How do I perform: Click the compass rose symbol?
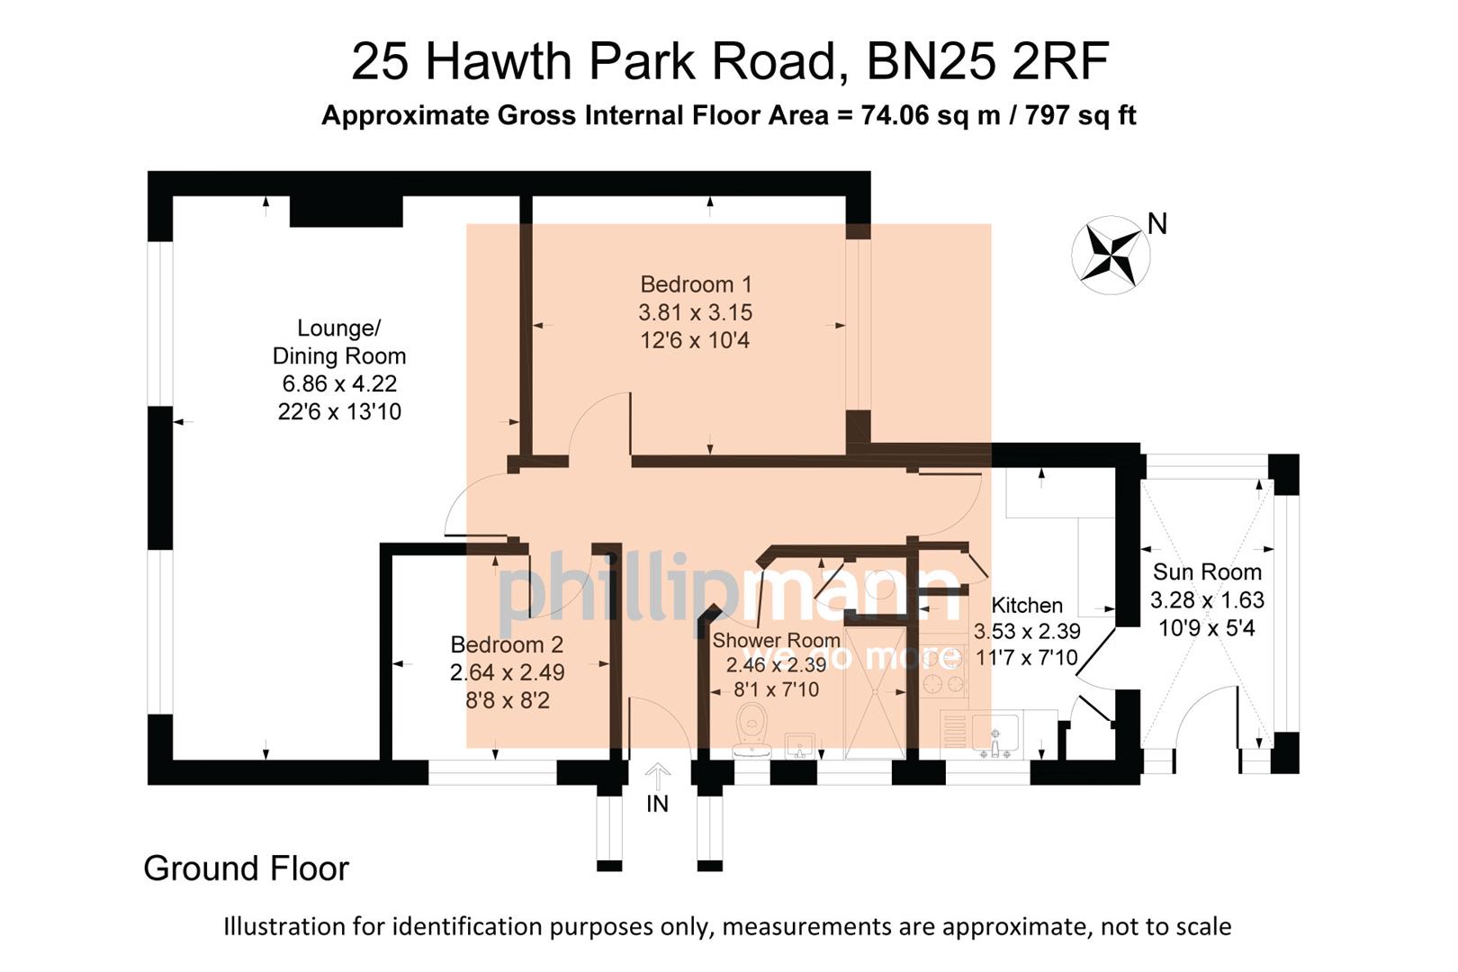tap(1111, 255)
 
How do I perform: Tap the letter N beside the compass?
tap(1157, 224)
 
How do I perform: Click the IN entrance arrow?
tap(658, 776)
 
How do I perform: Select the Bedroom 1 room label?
tap(696, 284)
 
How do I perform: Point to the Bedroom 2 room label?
tap(507, 644)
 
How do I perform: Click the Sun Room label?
tap(1207, 571)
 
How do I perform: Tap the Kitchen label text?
tap(1026, 605)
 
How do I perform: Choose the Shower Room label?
tap(776, 640)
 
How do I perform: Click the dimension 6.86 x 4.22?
tap(339, 383)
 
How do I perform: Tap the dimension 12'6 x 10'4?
tap(695, 340)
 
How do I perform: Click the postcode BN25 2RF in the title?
tap(986, 61)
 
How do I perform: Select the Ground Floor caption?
tap(246, 868)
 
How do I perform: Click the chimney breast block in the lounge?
tap(346, 211)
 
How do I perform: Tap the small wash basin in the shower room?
tap(800, 745)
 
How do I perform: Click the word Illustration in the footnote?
tap(284, 926)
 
